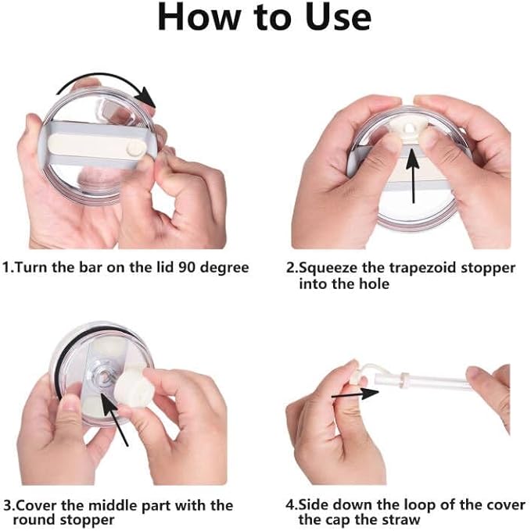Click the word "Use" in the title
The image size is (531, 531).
click(x=338, y=17)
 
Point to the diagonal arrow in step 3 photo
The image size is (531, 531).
click(x=115, y=419)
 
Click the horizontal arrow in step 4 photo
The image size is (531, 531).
click(x=355, y=394)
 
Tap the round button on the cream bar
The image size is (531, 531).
click(x=135, y=148)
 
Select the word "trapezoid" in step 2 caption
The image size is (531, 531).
click(x=422, y=269)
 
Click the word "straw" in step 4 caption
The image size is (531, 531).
click(x=400, y=520)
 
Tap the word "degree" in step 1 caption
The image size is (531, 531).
click(x=224, y=269)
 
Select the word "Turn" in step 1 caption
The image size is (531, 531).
click(x=31, y=268)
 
